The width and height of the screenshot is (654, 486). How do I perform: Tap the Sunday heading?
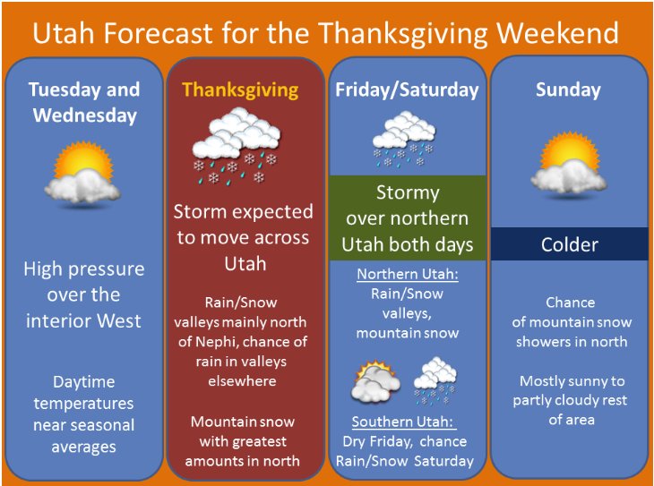point(568,90)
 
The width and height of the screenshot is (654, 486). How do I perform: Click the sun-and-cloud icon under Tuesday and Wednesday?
point(83,174)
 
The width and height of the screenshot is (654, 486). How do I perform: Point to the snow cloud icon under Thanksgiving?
point(237,146)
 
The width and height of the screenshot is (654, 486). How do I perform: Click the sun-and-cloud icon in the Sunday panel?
point(569,164)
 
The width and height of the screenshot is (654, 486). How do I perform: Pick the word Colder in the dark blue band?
point(569,244)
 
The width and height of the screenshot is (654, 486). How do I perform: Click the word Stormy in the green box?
point(408,193)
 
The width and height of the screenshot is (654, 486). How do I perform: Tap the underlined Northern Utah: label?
point(408,274)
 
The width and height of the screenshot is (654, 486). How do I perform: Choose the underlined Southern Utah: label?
point(403,422)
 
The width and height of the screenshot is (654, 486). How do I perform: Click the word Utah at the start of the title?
point(65,33)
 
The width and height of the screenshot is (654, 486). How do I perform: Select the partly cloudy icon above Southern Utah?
point(375,382)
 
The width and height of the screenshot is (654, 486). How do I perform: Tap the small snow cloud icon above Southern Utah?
point(435,380)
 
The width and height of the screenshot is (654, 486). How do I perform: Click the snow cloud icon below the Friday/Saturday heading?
point(404,140)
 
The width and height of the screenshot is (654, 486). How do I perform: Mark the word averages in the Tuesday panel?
point(83,448)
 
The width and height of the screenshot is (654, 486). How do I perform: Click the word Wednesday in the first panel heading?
point(85,115)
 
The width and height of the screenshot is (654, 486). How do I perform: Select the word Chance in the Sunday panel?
point(570,303)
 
